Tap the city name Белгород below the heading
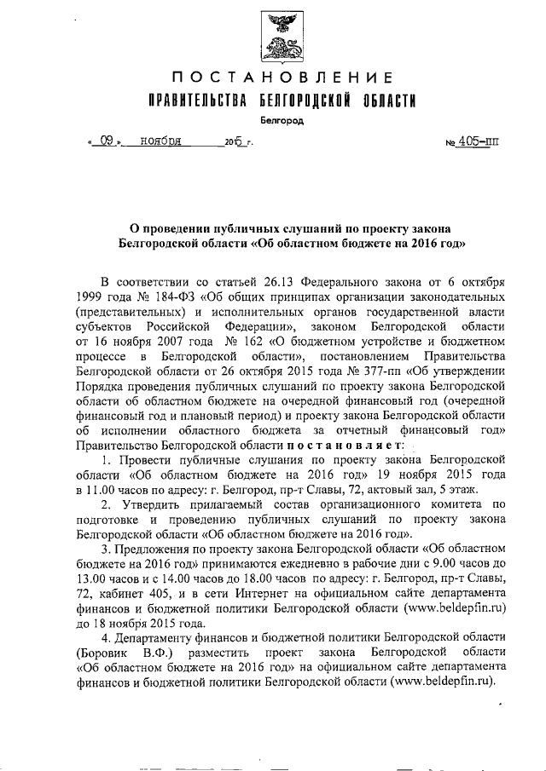point(271,121)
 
